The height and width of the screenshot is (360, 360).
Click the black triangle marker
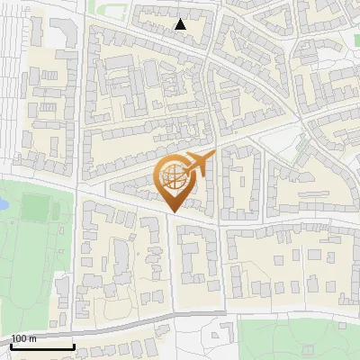pos(181,24)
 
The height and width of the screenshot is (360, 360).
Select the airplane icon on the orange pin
pos(200,163)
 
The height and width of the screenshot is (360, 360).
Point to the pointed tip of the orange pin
pos(174,211)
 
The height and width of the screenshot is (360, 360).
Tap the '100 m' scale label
pos(24,338)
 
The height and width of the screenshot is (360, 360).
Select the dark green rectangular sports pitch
pos(37,208)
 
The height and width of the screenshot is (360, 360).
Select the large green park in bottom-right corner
pos(297,337)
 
